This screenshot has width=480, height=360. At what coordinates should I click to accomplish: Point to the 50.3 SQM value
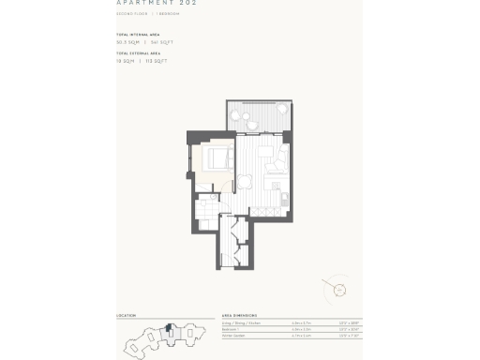(127, 43)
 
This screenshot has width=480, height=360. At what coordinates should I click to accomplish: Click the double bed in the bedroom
(216, 157)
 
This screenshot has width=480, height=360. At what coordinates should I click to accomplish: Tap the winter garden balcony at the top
(253, 116)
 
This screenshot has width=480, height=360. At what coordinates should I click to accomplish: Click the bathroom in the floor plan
(207, 210)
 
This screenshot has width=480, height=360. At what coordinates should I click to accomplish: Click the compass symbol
(334, 287)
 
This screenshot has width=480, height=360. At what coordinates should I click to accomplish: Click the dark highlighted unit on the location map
(168, 328)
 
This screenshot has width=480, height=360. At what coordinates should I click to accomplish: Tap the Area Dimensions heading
(240, 316)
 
